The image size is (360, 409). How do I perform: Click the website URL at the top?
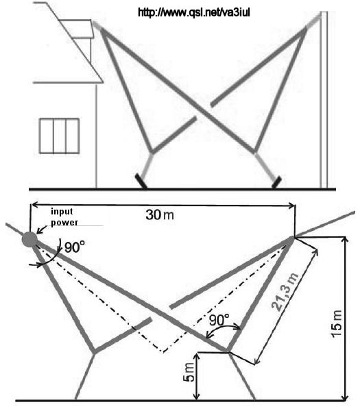(x=194, y=12)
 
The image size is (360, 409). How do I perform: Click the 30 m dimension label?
(x=160, y=215)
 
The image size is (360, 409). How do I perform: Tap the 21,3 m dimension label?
(x=285, y=292)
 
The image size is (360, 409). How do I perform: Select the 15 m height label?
(x=337, y=323)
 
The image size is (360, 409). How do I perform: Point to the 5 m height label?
(x=189, y=372)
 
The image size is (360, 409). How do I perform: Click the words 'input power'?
(x=64, y=217)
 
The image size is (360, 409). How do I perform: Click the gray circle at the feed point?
(x=29, y=239)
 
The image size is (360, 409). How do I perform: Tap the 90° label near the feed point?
(x=75, y=247)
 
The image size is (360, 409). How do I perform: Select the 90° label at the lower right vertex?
(x=219, y=320)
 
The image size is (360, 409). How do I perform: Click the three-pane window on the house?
(x=59, y=136)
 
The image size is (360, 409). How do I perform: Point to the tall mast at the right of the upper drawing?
(x=324, y=99)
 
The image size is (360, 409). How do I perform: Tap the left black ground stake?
(x=141, y=181)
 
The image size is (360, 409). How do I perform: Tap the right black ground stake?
(x=276, y=182)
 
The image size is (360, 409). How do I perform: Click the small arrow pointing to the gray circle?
(x=42, y=230)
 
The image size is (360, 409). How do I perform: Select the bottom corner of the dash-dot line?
(x=163, y=351)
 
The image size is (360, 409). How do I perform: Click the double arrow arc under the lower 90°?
(x=223, y=328)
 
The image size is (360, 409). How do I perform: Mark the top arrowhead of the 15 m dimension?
(x=346, y=240)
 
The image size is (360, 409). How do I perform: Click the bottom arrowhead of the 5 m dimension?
(x=197, y=396)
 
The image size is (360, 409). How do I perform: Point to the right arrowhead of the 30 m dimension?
(x=291, y=206)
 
